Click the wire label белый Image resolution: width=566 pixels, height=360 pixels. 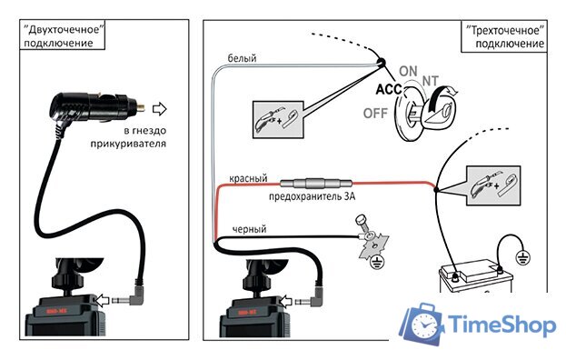pyautogui.click(x=241, y=58)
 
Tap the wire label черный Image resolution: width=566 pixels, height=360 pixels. pyautogui.click(x=248, y=229)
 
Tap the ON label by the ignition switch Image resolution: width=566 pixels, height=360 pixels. pyautogui.click(x=409, y=71)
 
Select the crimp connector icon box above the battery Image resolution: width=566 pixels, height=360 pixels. pyautogui.click(x=492, y=185)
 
